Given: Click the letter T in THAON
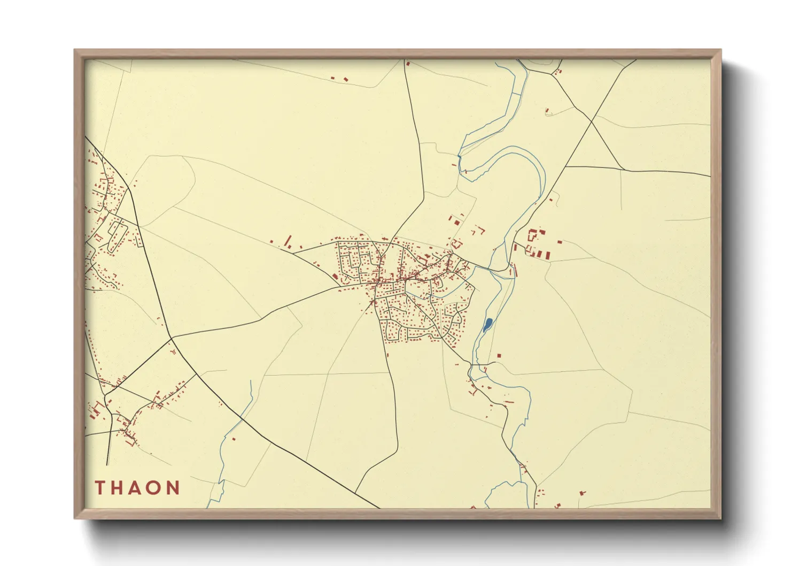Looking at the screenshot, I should click(100, 488).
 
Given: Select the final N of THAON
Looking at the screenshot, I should click(173, 488).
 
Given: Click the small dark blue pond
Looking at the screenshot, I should click(487, 324).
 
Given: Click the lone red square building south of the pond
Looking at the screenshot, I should click(499, 355).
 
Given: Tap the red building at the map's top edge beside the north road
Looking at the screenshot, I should click(408, 64).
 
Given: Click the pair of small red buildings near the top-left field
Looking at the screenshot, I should click(339, 79).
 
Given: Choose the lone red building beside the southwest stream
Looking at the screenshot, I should click(234, 440).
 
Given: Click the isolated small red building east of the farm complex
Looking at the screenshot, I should click(560, 242).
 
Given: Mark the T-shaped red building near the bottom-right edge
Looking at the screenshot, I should click(582, 492).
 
